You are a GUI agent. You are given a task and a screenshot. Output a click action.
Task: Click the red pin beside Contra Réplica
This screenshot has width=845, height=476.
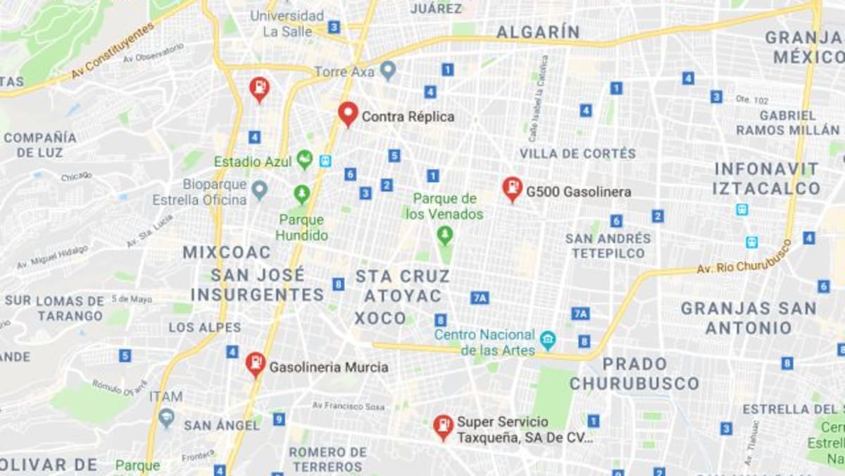[x=348, y=113]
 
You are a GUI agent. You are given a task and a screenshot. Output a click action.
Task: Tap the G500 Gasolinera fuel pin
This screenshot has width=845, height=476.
[x=512, y=188]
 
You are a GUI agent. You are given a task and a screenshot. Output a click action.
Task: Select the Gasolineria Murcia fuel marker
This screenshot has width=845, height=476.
[x=255, y=364]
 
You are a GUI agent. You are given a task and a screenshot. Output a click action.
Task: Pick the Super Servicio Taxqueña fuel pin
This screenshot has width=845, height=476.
[x=443, y=426]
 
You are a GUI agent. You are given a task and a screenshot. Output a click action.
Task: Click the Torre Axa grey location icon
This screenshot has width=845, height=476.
[x=387, y=71]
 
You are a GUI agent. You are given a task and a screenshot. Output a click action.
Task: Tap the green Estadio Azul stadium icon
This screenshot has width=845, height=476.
[x=304, y=159]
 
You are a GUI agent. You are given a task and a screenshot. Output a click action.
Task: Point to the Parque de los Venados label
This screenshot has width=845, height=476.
[x=444, y=206]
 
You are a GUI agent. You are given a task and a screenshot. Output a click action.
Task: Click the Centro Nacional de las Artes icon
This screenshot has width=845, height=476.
[x=547, y=341]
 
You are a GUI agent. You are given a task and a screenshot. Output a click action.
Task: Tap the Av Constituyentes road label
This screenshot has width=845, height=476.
[x=113, y=51]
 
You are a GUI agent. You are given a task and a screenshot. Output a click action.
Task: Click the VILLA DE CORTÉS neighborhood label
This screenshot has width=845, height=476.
[x=577, y=154]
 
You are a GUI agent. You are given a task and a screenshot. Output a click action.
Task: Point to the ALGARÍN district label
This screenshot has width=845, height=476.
[x=538, y=32]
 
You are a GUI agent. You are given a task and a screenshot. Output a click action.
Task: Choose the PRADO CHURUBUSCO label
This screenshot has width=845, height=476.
[x=634, y=374]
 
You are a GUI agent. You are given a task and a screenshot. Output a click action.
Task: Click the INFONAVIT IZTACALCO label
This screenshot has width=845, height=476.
[x=766, y=178]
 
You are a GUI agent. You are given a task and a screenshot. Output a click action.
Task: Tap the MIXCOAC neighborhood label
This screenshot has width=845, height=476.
[x=227, y=252]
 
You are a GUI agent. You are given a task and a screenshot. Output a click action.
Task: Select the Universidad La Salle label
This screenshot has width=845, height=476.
[x=288, y=23]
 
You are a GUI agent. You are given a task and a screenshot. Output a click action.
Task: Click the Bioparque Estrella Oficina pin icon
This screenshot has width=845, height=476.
[x=260, y=189]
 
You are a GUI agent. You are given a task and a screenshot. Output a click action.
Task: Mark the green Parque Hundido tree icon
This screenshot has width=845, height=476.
[x=301, y=192]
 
